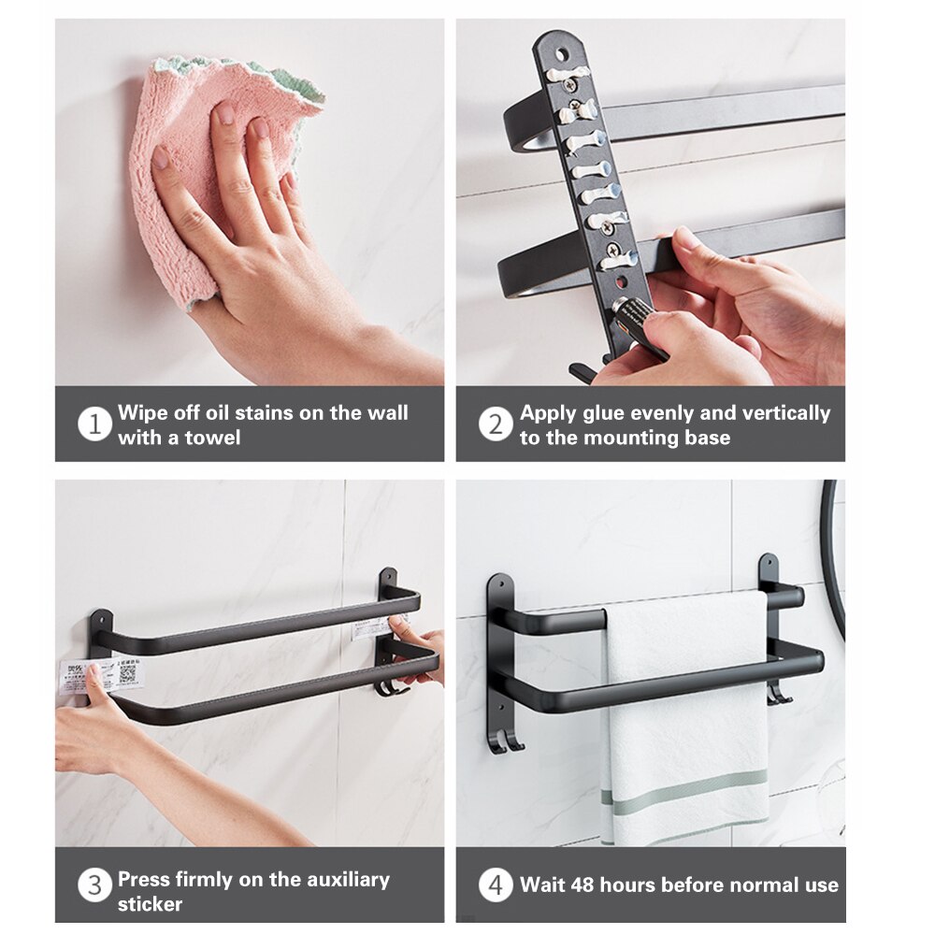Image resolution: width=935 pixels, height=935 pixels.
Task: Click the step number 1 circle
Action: click(94, 424)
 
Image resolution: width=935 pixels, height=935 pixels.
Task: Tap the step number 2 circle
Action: click(496, 424)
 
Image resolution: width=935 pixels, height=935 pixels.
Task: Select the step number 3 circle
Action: click(94, 885)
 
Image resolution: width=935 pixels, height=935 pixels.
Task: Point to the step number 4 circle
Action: click(496, 885)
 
